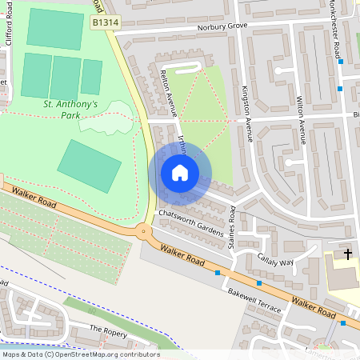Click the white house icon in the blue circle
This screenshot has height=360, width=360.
click(180, 173)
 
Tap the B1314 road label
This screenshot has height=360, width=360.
click(106, 24)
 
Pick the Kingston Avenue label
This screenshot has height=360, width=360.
click(248, 114)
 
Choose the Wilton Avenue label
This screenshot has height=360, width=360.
click(302, 120)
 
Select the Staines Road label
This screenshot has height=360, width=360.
click(233, 226)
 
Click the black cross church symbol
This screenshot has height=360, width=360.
click(347, 254)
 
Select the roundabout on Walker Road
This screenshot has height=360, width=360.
click(144, 233)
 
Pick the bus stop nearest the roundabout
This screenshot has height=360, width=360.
click(218, 273)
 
